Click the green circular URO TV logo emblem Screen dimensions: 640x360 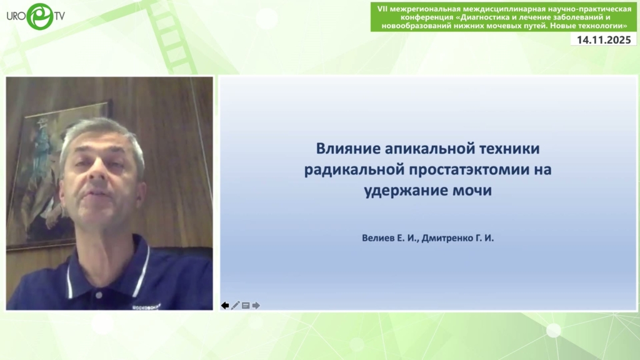40,16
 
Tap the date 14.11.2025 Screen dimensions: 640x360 604,40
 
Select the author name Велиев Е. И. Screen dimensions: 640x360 389,238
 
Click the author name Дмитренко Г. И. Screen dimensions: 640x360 457,238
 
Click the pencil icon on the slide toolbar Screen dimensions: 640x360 236,305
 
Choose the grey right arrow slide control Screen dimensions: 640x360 256,305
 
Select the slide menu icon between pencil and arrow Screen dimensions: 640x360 246,305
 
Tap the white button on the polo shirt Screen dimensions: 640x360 99,294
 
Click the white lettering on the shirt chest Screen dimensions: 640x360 146,306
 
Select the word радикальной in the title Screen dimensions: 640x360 354,169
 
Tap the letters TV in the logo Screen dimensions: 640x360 59,16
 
